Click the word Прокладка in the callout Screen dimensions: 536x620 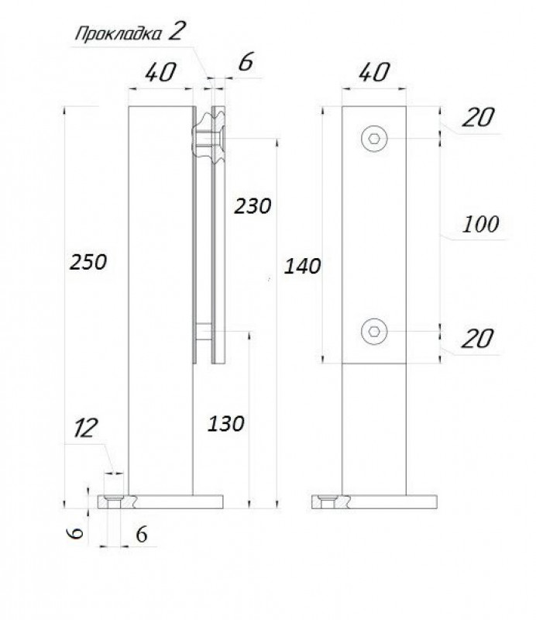point(119,33)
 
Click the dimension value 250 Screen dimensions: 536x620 point(88,262)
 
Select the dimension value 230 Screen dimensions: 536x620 point(253,206)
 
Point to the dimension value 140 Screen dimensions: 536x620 point(302,266)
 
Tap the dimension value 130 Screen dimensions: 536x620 point(225,424)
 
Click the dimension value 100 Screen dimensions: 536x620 point(480,224)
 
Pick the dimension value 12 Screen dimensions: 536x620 point(86,428)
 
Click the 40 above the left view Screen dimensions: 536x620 point(160,73)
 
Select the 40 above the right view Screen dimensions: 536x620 point(373,72)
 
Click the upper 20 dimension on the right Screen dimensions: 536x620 point(478,118)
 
